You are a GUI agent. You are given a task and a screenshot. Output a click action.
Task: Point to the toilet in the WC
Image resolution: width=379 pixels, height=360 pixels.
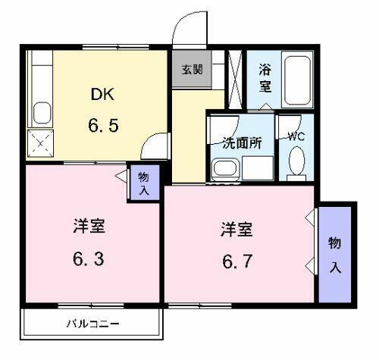click(298, 162)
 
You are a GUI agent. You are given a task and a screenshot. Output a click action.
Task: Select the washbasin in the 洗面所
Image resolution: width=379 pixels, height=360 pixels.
click(224, 169)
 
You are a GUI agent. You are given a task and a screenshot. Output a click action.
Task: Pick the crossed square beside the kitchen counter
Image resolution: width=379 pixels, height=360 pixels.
click(37, 142)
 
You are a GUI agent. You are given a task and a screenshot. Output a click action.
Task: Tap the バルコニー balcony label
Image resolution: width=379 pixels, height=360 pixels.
click(92, 324)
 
